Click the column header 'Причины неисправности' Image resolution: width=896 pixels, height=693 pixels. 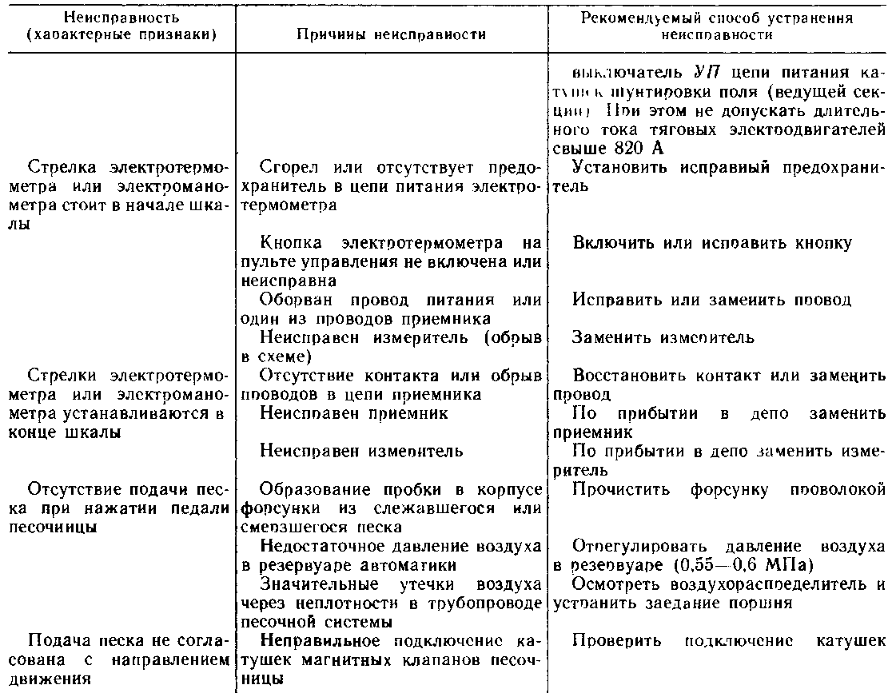coord(392,35)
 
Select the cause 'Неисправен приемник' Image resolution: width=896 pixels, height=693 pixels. coord(354,413)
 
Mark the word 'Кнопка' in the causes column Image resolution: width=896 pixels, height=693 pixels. coord(287,243)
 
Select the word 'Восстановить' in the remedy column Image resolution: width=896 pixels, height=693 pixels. coord(619,375)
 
